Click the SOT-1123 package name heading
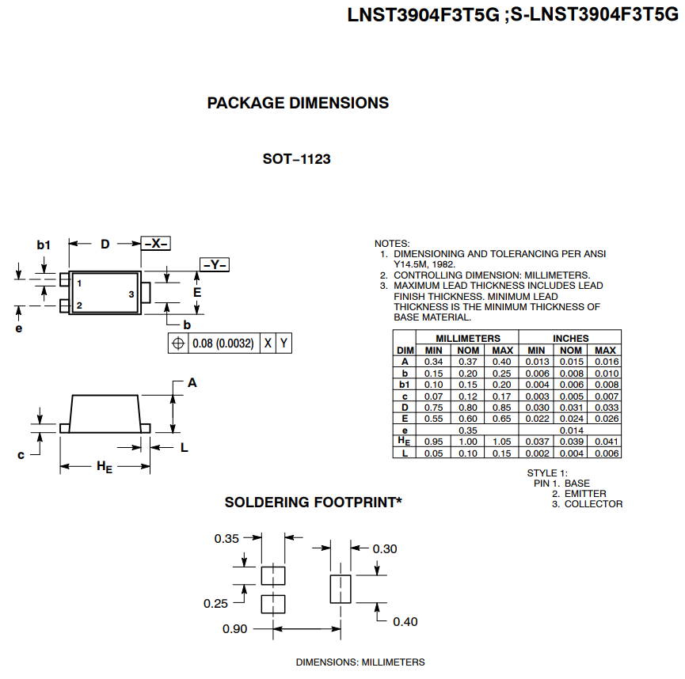coord(296,159)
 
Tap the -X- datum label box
coord(156,244)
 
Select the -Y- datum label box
coord(214,265)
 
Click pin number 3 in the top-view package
coord(131,294)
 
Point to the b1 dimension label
coord(44,245)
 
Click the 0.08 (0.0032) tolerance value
coord(223,343)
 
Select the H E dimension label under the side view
coord(105,467)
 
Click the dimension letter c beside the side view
coord(21,455)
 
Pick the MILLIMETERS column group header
coord(468,338)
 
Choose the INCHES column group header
coord(570,338)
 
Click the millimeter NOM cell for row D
coord(468,407)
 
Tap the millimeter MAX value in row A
coord(502,362)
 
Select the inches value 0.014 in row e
coord(571,430)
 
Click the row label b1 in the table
coord(405,384)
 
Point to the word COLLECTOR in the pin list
coord(593,504)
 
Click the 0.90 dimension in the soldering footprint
coord(235,629)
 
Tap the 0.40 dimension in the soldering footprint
coord(405,622)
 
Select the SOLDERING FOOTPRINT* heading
coord(313,502)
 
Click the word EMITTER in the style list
coord(585,494)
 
